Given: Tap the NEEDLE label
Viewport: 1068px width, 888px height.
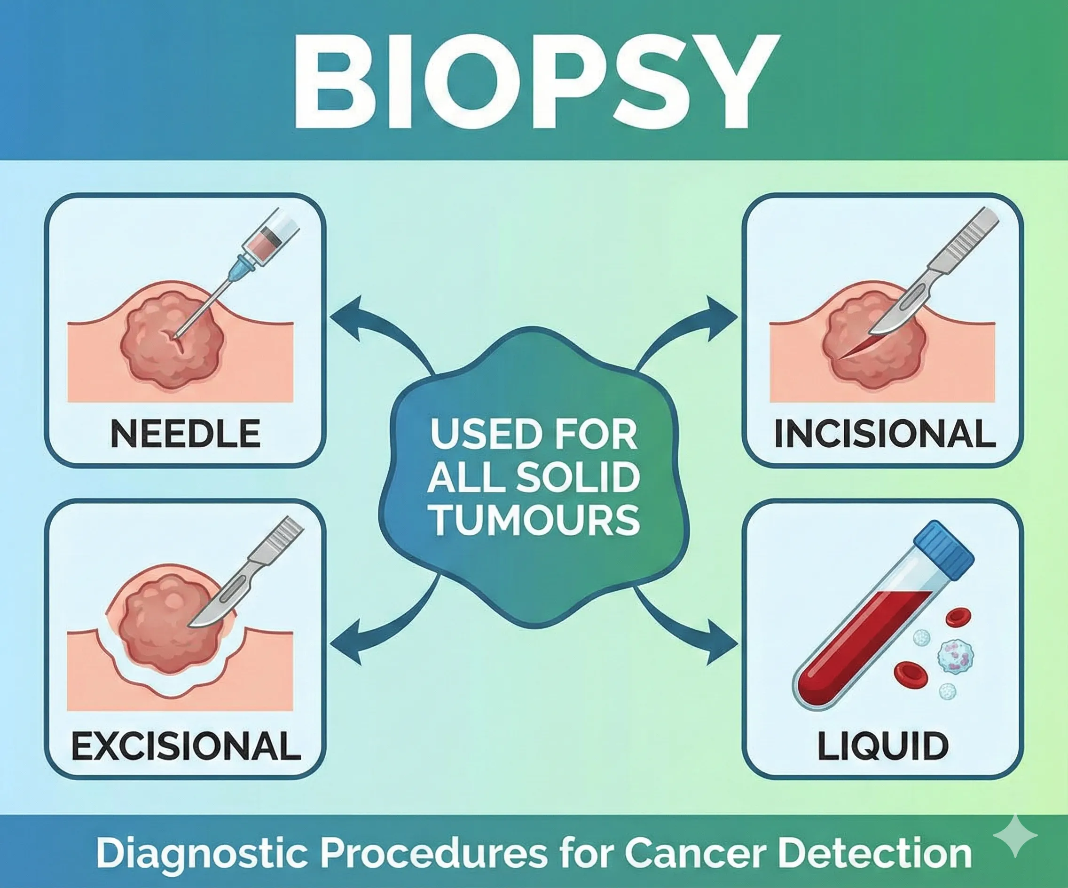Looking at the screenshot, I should (x=185, y=434).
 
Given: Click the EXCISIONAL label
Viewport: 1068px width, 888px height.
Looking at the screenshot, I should (x=186, y=746).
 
